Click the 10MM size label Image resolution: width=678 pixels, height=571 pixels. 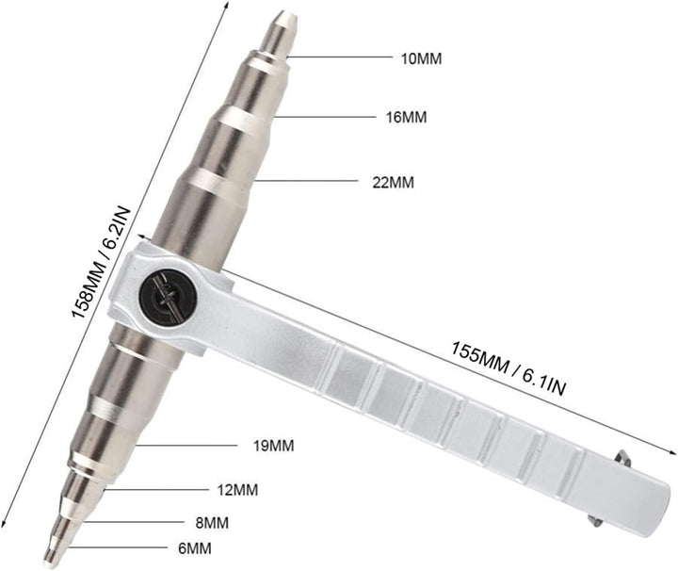422,58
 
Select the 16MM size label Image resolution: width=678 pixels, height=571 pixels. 406,117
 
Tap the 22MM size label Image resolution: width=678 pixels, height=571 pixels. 393,182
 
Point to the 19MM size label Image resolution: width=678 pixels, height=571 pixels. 273,446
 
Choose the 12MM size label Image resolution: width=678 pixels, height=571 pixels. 237,490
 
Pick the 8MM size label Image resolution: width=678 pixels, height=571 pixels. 212,523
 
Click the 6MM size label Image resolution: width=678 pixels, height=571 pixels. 195,548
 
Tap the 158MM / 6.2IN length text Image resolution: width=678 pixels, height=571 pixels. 101,262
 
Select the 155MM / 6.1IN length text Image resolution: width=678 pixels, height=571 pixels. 508,367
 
